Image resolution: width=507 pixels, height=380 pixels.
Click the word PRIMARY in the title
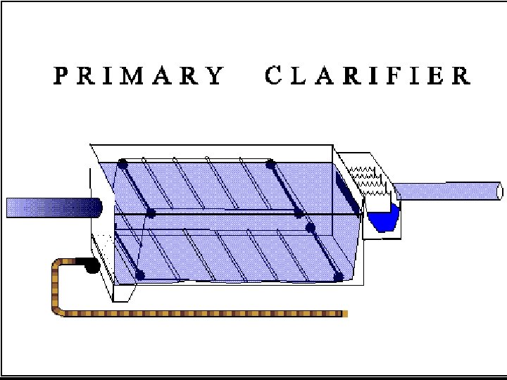tap(139, 76)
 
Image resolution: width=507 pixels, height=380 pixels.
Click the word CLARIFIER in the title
tap(368, 76)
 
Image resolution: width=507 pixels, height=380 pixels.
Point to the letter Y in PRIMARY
tap(215, 76)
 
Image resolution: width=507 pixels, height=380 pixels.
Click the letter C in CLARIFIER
tap(275, 76)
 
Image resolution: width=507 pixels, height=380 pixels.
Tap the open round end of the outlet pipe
tap(499, 191)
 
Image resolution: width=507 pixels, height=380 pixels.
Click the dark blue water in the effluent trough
tap(384, 220)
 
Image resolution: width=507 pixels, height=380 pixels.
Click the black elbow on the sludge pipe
tap(90, 266)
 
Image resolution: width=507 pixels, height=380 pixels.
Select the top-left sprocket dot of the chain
tap(123, 164)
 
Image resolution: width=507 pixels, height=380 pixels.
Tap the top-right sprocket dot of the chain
tap(270, 164)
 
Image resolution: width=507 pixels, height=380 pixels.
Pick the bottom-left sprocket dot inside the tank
tap(139, 274)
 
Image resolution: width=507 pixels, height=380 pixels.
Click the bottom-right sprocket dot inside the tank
tap(339, 277)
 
